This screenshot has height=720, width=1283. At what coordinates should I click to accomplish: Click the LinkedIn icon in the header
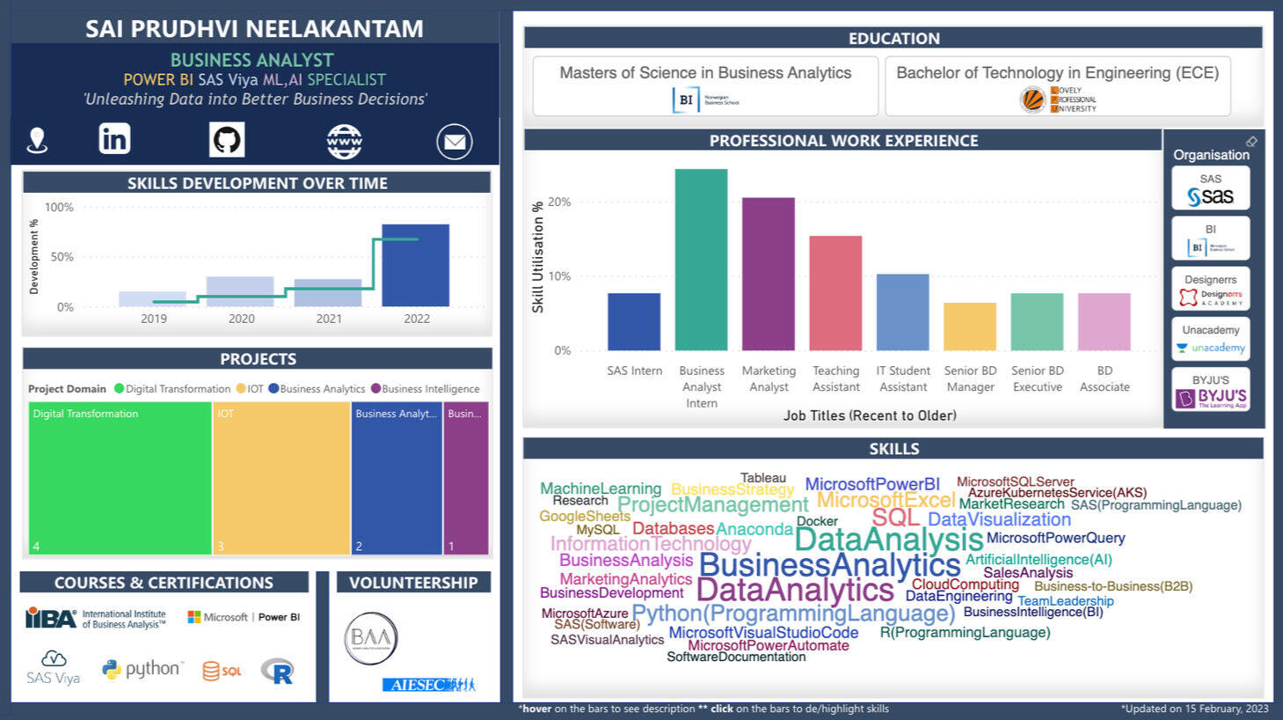(x=114, y=139)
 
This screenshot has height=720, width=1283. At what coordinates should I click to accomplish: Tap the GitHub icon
(x=227, y=140)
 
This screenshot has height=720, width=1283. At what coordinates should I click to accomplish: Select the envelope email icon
(x=455, y=142)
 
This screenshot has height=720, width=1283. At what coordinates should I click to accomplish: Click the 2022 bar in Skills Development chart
(x=415, y=265)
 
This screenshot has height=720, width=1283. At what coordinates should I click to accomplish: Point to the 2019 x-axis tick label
(x=154, y=319)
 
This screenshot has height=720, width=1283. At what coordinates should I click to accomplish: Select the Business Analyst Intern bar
(x=701, y=260)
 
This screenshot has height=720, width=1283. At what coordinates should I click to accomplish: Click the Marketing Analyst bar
(x=768, y=274)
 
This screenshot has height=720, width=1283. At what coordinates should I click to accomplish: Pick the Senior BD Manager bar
(x=970, y=327)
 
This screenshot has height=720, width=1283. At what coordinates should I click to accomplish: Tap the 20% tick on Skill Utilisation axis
(x=559, y=202)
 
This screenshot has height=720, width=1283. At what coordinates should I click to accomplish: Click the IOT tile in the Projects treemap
(x=281, y=478)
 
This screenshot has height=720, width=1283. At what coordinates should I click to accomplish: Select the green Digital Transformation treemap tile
(x=120, y=478)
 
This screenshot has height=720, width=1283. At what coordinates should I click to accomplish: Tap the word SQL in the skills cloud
(x=895, y=518)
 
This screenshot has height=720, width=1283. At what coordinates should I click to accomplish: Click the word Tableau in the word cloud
(x=762, y=478)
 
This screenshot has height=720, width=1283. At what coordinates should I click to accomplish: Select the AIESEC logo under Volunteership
(x=428, y=685)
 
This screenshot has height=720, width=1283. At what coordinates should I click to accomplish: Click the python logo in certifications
(x=142, y=670)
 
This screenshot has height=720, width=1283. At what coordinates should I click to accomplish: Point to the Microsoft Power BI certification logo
(x=244, y=617)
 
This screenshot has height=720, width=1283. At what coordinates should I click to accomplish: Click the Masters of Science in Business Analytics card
(x=705, y=85)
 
